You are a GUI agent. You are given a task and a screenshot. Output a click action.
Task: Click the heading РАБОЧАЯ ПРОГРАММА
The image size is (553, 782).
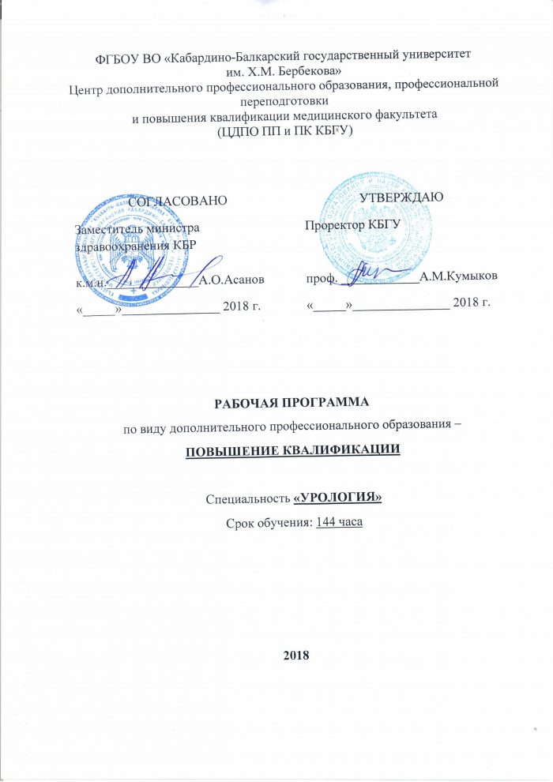(x=292, y=404)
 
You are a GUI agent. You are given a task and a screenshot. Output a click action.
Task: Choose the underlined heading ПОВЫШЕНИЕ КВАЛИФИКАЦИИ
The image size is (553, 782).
(x=292, y=451)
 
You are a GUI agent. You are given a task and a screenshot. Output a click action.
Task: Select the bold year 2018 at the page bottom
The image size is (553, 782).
(x=297, y=656)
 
